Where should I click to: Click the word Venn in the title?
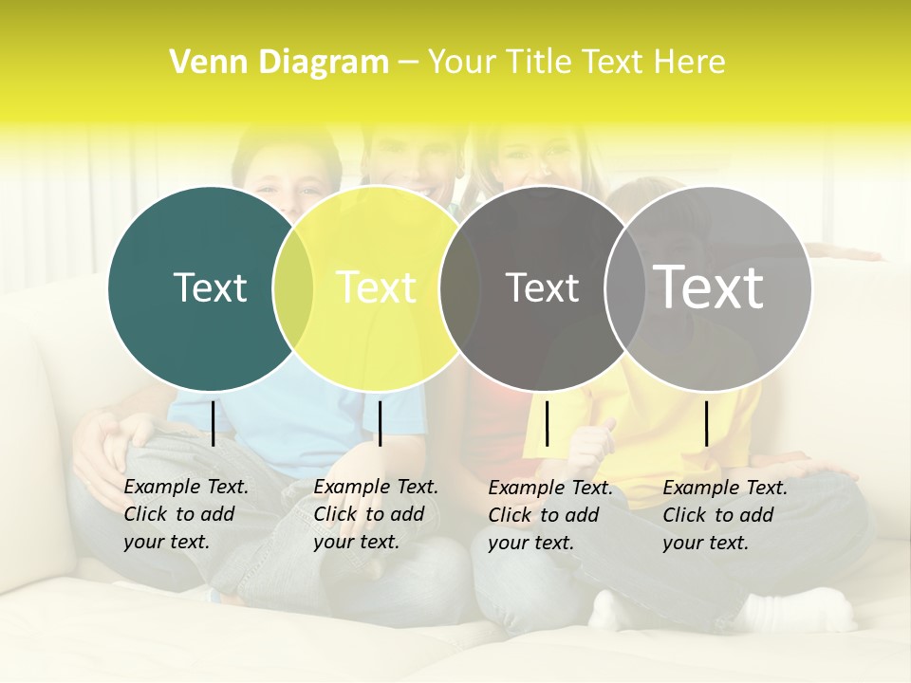(202, 63)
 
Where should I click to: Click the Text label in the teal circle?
(210, 287)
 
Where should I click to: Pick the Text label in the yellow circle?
(377, 287)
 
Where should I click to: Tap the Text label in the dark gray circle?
(542, 287)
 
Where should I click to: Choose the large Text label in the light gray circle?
(709, 287)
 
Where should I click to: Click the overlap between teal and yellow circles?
(293, 287)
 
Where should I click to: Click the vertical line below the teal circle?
(213, 423)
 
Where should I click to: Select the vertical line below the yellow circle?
(380, 423)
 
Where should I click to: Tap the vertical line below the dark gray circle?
(547, 423)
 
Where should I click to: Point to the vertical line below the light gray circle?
(706, 423)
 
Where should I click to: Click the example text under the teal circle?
(186, 514)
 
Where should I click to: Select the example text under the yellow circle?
(376, 514)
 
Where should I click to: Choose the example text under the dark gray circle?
(550, 515)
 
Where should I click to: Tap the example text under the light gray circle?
(725, 515)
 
